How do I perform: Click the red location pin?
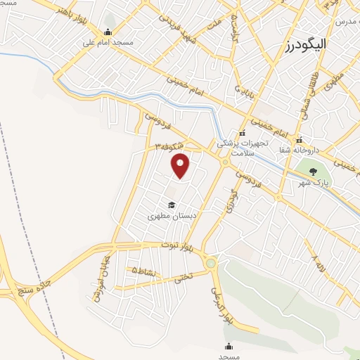[x=181, y=165]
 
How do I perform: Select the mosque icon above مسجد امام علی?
[x=108, y=32]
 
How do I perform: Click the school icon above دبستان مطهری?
[x=172, y=205]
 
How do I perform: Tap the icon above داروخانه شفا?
[x=300, y=139]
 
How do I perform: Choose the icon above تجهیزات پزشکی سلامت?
[x=243, y=134]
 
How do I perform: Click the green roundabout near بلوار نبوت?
[x=210, y=264]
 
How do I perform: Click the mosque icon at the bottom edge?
[x=229, y=346]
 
